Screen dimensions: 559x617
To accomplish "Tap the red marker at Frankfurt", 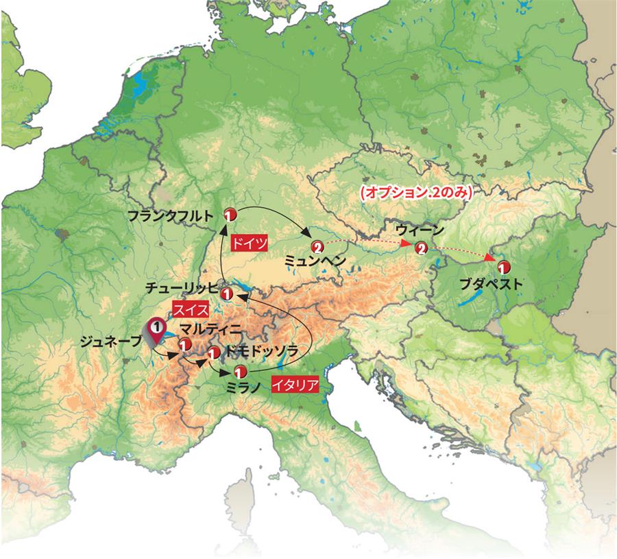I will point(230,213).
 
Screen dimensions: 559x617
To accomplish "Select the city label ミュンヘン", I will point(315,261).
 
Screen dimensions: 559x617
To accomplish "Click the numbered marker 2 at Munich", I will point(317,246).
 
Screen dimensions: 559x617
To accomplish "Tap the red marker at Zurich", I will point(229,294).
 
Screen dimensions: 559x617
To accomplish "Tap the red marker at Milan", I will point(240,372).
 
